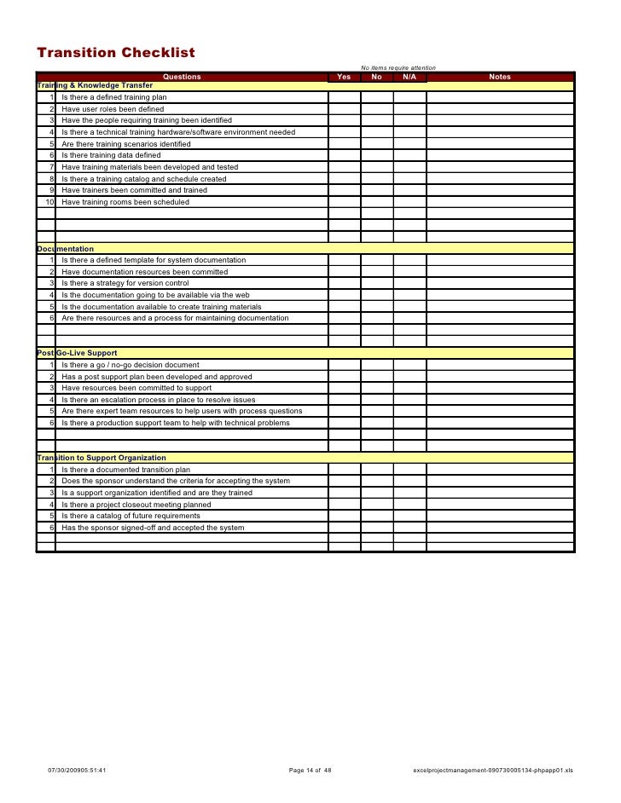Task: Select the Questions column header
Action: pyautogui.click(x=182, y=77)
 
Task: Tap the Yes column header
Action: pyautogui.click(x=344, y=77)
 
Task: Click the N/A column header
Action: pyautogui.click(x=409, y=77)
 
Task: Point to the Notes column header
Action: pyautogui.click(x=500, y=77)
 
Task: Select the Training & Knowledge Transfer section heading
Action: pyautogui.click(x=95, y=86)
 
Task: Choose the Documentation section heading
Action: pyautogui.click(x=65, y=249)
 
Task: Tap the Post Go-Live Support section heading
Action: pyautogui.click(x=77, y=353)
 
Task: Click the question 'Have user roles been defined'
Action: pyautogui.click(x=113, y=109)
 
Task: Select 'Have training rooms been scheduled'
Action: pyautogui.click(x=125, y=202)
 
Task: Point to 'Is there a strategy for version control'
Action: pyautogui.click(x=125, y=283)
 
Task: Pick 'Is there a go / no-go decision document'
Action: pyautogui.click(x=131, y=365)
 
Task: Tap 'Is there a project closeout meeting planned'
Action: pyautogui.click(x=136, y=505)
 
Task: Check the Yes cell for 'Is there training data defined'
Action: pyautogui.click(x=345, y=156)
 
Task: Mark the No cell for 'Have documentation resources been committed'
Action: pyautogui.click(x=377, y=272)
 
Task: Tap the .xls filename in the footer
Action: pyautogui.click(x=493, y=771)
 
